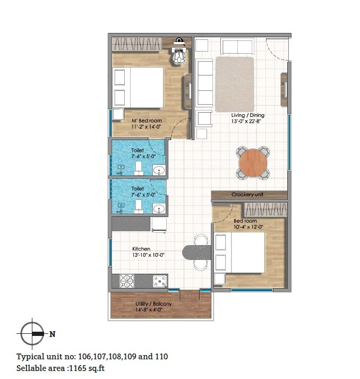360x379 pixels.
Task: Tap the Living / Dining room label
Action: [x=247, y=115]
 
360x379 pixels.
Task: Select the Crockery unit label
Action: [x=247, y=195]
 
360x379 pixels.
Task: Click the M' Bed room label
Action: [x=147, y=121]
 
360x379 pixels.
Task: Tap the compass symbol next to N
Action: [x=33, y=333]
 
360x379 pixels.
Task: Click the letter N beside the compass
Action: [x=52, y=334]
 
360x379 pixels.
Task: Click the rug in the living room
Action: [x=234, y=84]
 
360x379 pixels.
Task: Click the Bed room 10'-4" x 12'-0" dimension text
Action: [x=248, y=227]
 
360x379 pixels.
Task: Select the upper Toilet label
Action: [x=138, y=150]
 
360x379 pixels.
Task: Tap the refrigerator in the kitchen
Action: [x=159, y=224]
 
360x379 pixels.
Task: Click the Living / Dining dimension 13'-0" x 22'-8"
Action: [x=247, y=122]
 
